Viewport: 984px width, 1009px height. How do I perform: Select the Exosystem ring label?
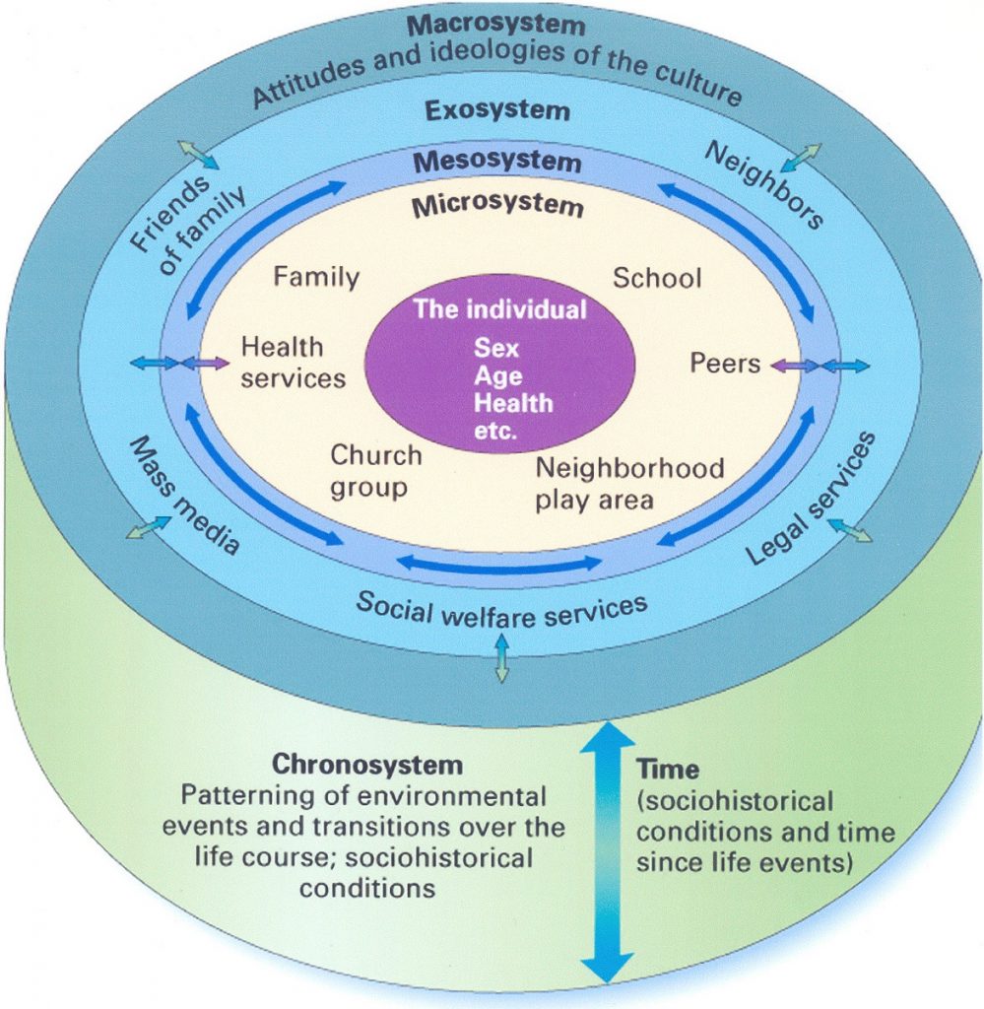pyautogui.click(x=496, y=109)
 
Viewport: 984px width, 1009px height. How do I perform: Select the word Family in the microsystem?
pyautogui.click(x=316, y=277)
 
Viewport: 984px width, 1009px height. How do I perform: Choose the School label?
pyautogui.click(x=657, y=278)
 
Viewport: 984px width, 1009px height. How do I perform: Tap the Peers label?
pyautogui.click(x=725, y=364)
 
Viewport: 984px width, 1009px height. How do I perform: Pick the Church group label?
pyautogui.click(x=375, y=471)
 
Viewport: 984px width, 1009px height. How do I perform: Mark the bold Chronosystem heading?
pyautogui.click(x=366, y=764)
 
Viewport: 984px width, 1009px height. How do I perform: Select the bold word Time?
pyautogui.click(x=667, y=770)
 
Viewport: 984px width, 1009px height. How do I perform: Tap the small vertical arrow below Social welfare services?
pyautogui.click(x=501, y=658)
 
